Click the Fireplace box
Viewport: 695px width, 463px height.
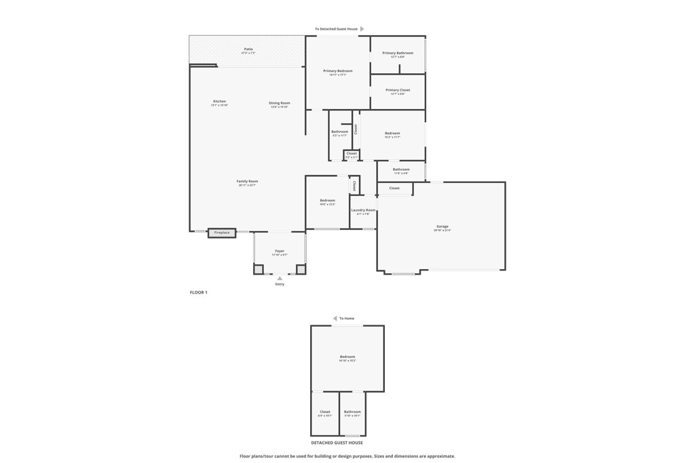point(222,233)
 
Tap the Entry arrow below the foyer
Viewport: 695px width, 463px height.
point(280,278)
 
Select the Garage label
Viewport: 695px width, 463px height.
point(442,226)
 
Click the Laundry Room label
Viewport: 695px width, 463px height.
point(363,210)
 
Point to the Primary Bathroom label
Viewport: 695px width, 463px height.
point(397,53)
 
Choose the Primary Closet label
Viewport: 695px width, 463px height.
point(397,90)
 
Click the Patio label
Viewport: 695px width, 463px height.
point(248,49)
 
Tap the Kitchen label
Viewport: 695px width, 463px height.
point(219,102)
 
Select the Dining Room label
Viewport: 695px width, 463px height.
point(280,103)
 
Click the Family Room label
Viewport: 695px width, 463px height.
point(247,181)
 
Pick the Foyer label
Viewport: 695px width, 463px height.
point(280,251)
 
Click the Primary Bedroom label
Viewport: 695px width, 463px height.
point(337,71)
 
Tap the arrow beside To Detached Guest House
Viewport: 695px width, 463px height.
point(362,29)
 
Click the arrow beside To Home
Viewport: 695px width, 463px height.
point(335,318)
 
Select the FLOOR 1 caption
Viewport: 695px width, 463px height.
point(198,292)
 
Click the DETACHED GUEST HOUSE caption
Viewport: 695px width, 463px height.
point(337,443)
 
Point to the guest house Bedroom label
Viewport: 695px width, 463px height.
point(347,357)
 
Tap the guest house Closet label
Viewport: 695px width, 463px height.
point(325,411)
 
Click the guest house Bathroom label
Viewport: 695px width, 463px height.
point(352,411)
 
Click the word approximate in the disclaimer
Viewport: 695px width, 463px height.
point(438,456)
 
